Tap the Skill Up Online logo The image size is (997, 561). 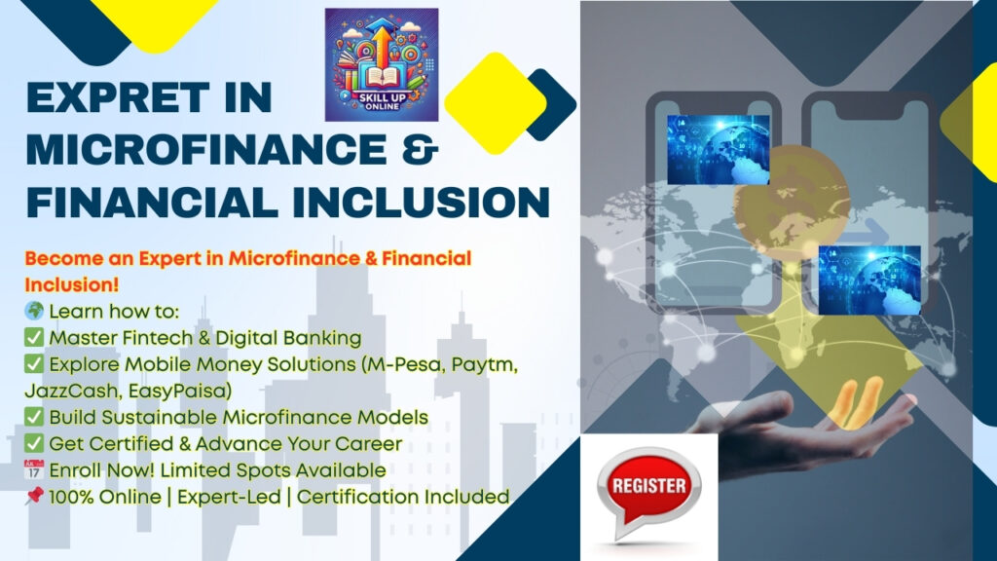click(x=382, y=65)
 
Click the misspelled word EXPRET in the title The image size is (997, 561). click(x=118, y=98)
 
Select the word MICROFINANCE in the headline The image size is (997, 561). click(x=206, y=150)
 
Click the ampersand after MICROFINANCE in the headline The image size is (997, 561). click(x=421, y=150)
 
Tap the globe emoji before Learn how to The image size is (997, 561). click(x=34, y=311)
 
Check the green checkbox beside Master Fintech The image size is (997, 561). click(x=34, y=337)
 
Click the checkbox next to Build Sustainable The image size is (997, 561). click(x=34, y=417)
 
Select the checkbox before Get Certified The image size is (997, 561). click(x=34, y=443)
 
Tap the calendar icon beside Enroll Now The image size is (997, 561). click(x=34, y=469)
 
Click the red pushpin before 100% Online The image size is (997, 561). click(x=34, y=496)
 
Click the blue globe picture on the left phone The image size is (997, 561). click(x=719, y=150)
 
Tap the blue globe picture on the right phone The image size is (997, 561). click(x=869, y=280)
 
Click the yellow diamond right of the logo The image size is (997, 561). click(x=496, y=103)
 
